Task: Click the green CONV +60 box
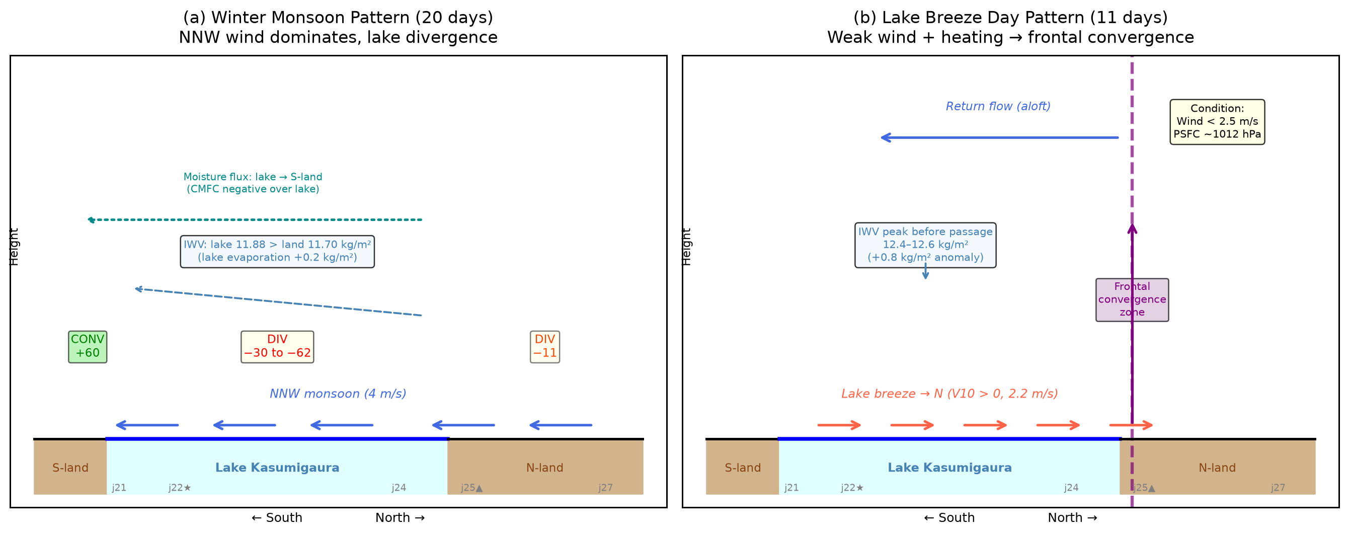[88, 347]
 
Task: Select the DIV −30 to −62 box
[277, 347]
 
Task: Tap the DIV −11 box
[545, 347]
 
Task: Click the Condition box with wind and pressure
[1217, 122]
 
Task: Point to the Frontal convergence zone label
[1132, 299]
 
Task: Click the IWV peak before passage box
[925, 245]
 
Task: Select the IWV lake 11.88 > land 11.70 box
[277, 251]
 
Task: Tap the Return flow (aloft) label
[998, 106]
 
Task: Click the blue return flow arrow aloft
[999, 138]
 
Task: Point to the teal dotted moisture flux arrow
[254, 220]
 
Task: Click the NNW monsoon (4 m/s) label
[338, 394]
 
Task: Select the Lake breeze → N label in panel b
[949, 394]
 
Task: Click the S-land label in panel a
[70, 468]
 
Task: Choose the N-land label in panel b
[1217, 468]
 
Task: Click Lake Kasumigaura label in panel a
[277, 468]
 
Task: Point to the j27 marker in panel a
[605, 488]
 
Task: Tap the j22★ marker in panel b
[852, 488]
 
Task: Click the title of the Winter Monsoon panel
[338, 27]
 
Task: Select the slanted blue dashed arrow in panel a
[278, 301]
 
